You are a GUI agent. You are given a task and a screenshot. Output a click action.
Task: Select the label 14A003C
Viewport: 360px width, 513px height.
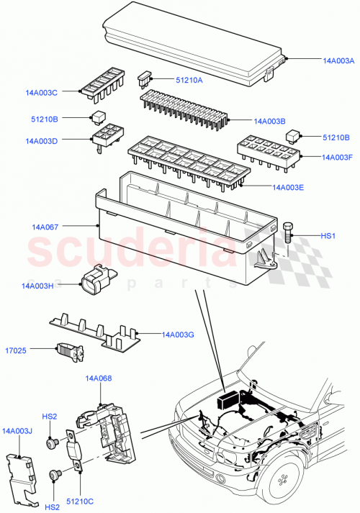click(41, 92)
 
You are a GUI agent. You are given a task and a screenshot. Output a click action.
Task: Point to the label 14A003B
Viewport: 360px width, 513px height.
click(270, 122)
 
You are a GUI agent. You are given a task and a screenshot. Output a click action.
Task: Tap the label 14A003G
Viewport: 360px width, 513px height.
click(178, 335)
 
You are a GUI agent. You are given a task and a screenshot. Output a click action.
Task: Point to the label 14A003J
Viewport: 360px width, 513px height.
click(18, 431)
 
